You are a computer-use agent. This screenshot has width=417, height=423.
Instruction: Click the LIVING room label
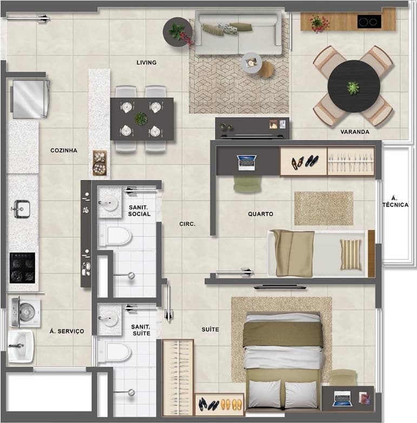click(147, 63)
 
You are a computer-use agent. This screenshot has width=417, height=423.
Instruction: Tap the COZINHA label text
click(64, 151)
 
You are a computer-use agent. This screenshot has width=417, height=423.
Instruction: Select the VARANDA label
click(355, 132)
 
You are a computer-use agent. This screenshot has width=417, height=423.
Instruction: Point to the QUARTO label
click(261, 214)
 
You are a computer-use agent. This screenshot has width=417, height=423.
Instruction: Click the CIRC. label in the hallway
click(187, 224)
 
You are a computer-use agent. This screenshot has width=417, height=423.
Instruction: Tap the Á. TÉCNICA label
click(395, 202)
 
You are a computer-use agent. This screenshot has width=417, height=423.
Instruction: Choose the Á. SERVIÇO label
click(67, 331)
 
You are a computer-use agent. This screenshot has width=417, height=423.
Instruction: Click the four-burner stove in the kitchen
click(22, 268)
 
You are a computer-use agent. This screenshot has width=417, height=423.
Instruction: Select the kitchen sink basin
click(22, 209)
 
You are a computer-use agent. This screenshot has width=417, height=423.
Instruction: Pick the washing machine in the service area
click(25, 312)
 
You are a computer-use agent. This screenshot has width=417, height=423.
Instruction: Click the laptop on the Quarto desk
click(246, 163)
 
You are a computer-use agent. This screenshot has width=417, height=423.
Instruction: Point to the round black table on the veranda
click(354, 86)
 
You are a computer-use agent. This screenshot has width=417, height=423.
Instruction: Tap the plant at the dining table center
click(141, 119)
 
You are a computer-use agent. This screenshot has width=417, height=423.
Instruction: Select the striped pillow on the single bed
click(350, 254)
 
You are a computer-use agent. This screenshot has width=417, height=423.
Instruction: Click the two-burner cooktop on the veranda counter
click(369, 22)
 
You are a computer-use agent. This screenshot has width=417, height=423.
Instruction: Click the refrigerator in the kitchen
click(29, 99)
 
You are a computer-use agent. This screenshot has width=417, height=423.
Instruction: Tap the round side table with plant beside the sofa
click(177, 32)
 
